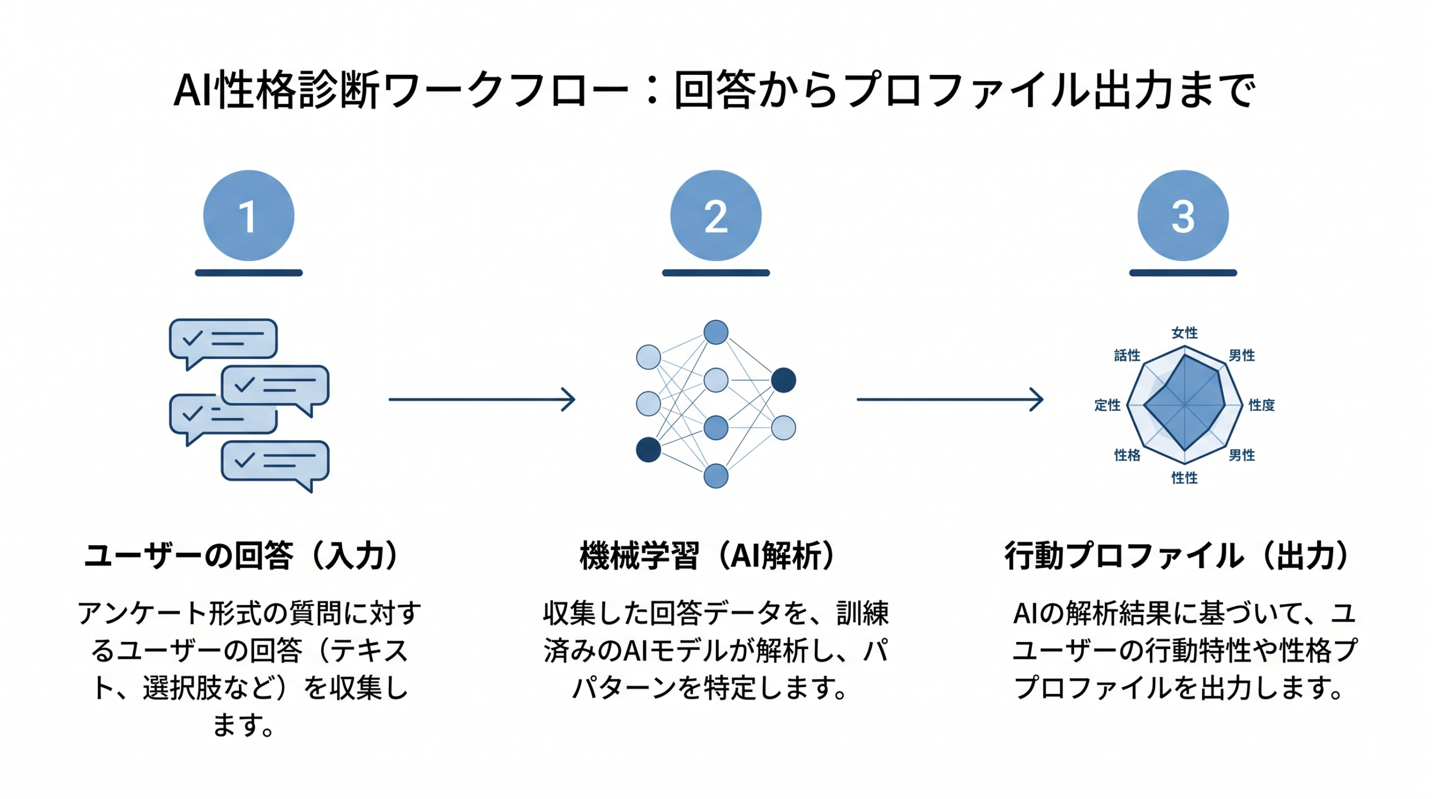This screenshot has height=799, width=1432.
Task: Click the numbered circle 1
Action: pos(248,215)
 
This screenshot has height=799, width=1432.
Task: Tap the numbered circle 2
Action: pos(715,215)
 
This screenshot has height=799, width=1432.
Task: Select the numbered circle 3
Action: pos(1183,215)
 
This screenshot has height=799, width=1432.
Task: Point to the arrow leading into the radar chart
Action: pos(949,399)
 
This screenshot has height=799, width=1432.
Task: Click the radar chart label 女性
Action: pos(1184,333)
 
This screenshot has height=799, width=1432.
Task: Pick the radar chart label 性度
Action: pos(1261,405)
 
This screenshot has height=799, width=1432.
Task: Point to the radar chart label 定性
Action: pos(1107,405)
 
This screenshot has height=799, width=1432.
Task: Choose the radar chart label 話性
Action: pos(1127,355)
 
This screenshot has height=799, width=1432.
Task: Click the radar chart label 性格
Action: pos(1127,455)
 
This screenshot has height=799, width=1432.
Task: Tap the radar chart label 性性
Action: pos(1184,477)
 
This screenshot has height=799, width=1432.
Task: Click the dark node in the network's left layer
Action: pos(648,450)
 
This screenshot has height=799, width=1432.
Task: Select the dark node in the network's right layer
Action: pos(783,380)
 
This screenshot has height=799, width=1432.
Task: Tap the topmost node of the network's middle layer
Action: pos(715,332)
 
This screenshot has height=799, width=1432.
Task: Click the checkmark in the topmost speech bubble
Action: pos(192,338)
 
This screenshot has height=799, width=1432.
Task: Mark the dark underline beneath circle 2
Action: pos(715,273)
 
